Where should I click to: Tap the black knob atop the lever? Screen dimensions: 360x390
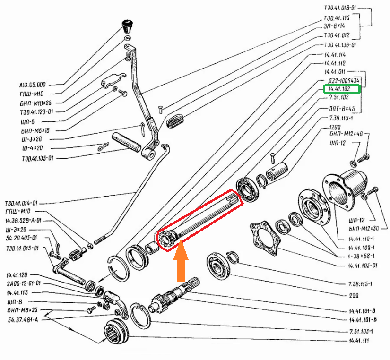(x=126, y=25)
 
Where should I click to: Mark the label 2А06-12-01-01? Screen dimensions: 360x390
(x=24, y=283)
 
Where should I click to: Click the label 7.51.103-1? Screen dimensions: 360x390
(x=360, y=330)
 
